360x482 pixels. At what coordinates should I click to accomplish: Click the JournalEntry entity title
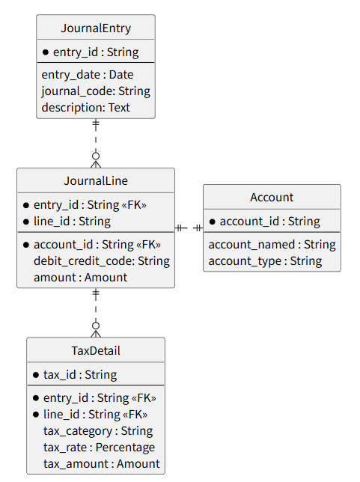click(x=96, y=28)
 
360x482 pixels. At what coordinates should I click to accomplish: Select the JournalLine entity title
click(x=96, y=181)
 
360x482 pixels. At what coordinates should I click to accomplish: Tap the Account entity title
click(x=272, y=198)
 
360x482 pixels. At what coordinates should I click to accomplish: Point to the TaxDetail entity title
click(x=96, y=351)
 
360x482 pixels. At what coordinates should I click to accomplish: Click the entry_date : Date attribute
click(x=88, y=75)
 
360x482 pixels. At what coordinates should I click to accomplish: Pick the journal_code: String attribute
click(x=96, y=91)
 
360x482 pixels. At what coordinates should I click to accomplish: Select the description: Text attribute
click(x=86, y=108)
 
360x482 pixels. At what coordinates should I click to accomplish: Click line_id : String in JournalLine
click(x=72, y=222)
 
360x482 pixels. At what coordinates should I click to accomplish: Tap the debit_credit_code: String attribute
click(x=102, y=261)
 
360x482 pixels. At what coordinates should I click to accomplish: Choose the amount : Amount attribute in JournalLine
click(x=80, y=277)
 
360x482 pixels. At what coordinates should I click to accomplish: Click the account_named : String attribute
click(x=272, y=245)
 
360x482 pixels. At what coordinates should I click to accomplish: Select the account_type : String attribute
click(x=265, y=261)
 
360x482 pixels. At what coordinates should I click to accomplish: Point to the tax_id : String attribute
click(x=80, y=375)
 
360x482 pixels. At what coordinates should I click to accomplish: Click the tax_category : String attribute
click(x=98, y=431)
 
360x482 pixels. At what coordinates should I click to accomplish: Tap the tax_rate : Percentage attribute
click(x=99, y=448)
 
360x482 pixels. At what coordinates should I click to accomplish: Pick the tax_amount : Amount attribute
click(x=102, y=464)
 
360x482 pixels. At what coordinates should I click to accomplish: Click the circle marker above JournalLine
click(x=96, y=156)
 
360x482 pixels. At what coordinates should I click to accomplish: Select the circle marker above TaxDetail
click(x=96, y=326)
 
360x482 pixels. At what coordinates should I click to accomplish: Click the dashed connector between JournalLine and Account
click(x=189, y=228)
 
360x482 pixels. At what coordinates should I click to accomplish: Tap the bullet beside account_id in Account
click(x=212, y=222)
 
